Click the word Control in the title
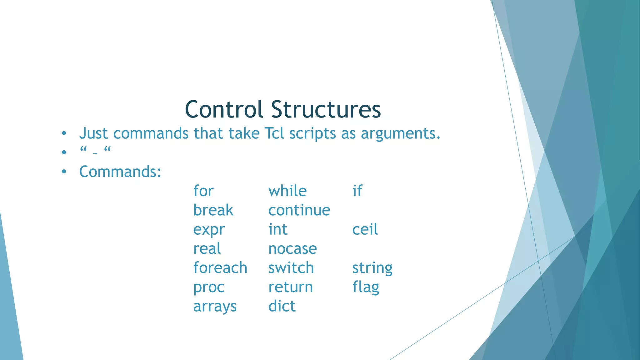[x=224, y=109]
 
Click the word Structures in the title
[x=326, y=109]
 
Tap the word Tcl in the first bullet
[x=274, y=133]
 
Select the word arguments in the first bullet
[x=400, y=134]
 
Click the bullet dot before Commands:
[x=64, y=172]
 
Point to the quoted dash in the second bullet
[x=95, y=151]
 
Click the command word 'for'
[x=203, y=191]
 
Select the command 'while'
[x=287, y=191]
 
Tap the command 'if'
[x=357, y=191]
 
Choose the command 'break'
[x=213, y=210]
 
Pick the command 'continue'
[x=299, y=210]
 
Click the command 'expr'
[x=209, y=230]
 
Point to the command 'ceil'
[x=365, y=229]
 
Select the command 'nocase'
[x=292, y=249]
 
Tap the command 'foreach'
[x=220, y=268]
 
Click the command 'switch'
[x=291, y=268]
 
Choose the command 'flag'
[x=366, y=287]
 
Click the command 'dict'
[x=282, y=306]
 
